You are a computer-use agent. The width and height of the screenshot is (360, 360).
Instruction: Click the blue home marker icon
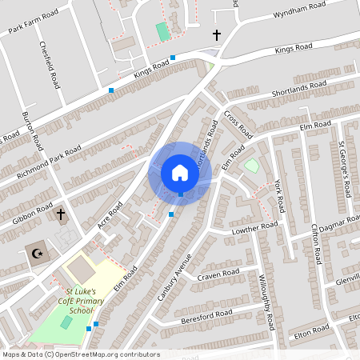[x=179, y=173]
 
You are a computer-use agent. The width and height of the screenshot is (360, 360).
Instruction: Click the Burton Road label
[x=33, y=132]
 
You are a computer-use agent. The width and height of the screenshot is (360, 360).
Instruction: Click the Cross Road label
[x=238, y=122]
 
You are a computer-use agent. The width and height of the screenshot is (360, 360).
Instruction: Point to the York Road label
[x=279, y=194]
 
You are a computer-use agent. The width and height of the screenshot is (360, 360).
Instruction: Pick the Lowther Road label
[x=254, y=229]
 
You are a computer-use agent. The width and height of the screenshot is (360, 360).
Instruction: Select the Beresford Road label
[x=206, y=313]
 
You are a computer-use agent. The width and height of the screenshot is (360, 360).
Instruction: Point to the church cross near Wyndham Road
[x=216, y=34]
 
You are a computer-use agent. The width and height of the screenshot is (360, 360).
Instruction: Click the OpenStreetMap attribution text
[x=80, y=354]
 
